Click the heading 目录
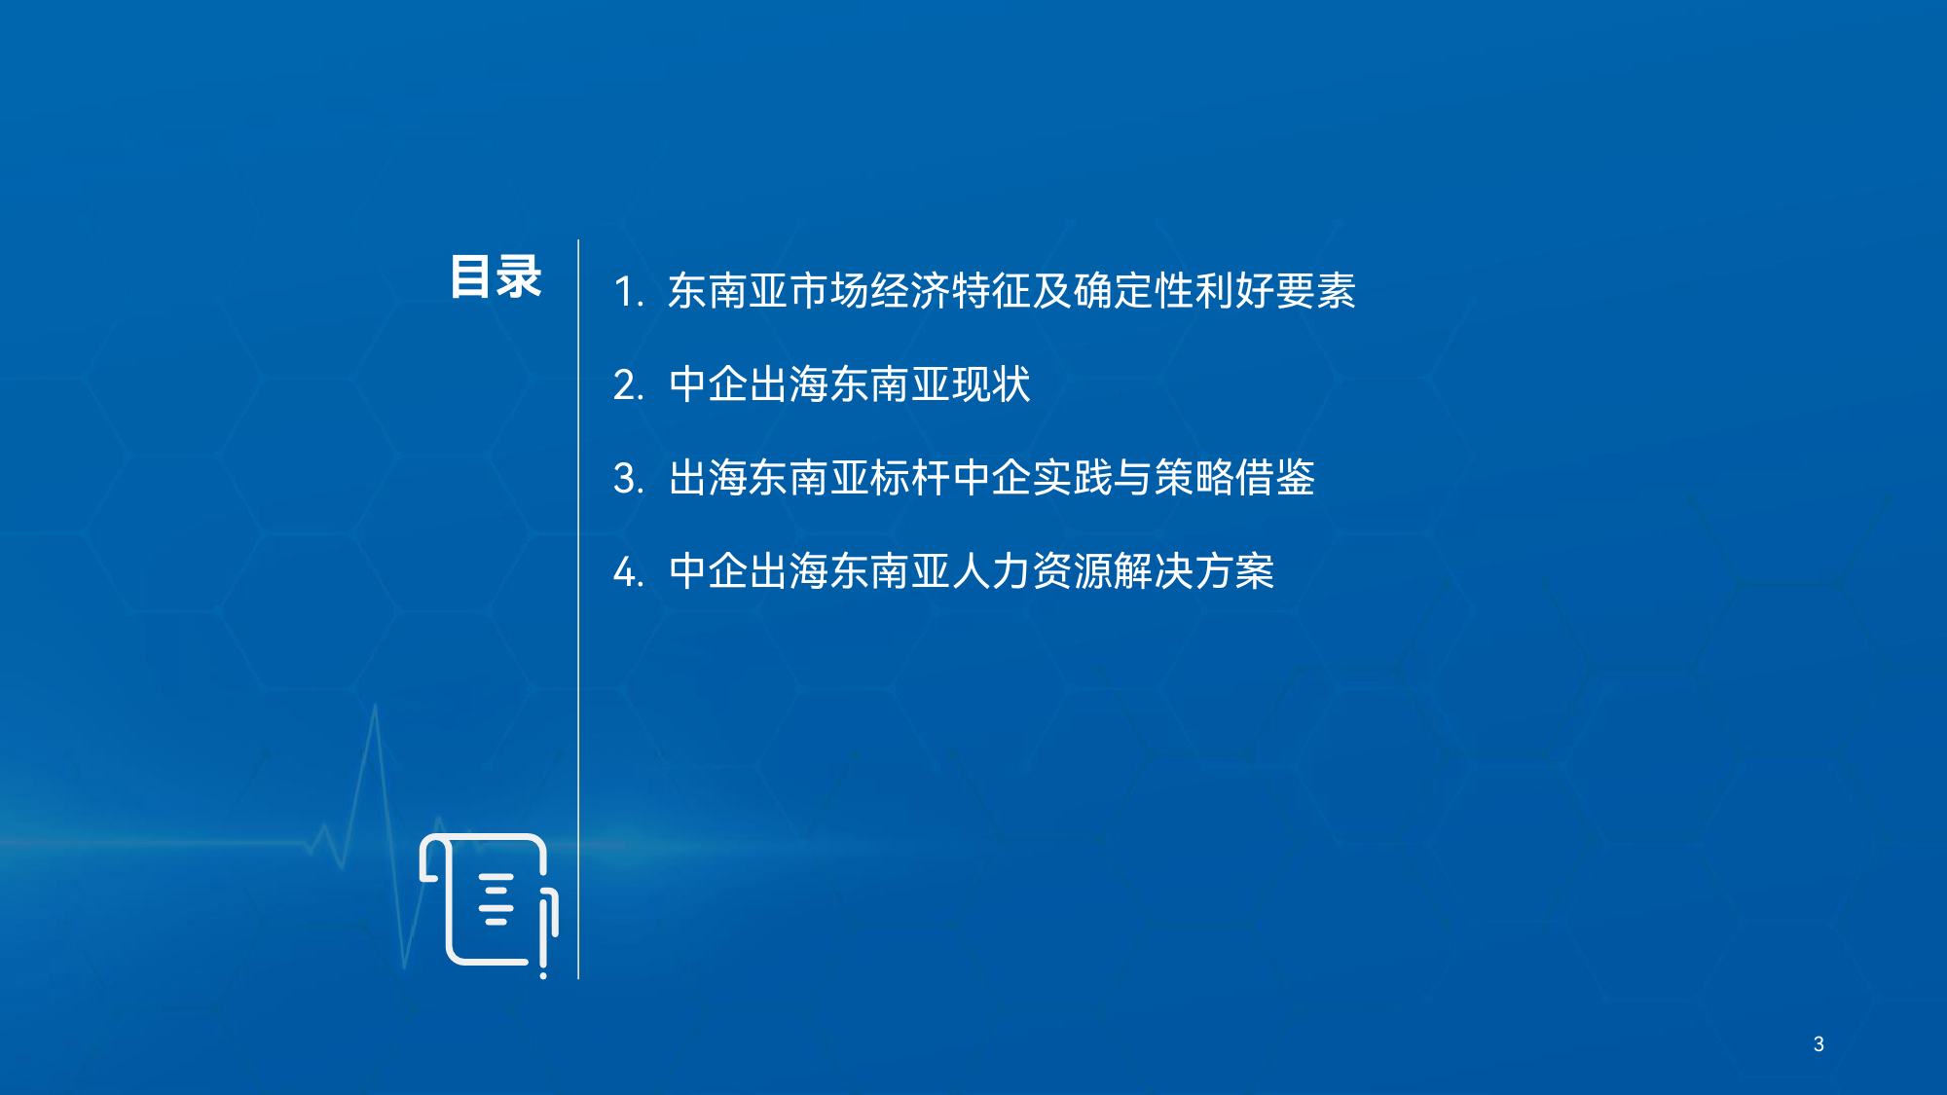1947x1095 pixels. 496,277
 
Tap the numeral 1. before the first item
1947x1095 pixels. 629,292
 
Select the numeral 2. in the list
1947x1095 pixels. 629,385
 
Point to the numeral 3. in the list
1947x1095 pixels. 629,479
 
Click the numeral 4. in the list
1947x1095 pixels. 629,572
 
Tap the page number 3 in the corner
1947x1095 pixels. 1818,1044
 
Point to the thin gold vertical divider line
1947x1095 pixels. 578,609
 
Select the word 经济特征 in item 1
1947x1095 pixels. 951,291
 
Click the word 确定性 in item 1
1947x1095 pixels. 1133,291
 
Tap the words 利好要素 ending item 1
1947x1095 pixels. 1275,291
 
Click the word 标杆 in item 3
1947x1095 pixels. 910,478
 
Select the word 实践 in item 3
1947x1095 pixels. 1073,478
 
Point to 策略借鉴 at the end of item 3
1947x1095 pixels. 1234,478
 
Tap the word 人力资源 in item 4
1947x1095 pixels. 1032,571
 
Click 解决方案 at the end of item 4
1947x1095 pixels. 1194,571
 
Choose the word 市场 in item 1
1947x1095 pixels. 829,291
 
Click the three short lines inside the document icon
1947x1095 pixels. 496,899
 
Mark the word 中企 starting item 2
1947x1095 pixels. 709,384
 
